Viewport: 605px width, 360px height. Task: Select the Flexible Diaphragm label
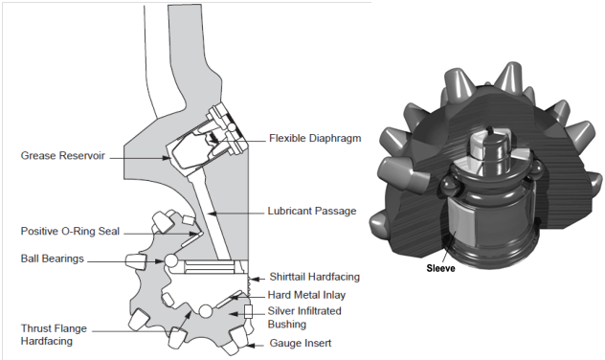tap(315, 137)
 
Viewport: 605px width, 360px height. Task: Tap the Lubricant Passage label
tap(312, 211)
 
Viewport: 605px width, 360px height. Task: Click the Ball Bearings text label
tap(53, 259)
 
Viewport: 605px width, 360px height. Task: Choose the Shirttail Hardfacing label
tap(313, 277)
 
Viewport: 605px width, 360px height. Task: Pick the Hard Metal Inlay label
tap(306, 295)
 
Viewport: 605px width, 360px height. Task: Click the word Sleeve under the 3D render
tap(441, 269)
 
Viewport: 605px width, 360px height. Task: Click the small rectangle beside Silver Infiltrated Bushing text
tap(247, 311)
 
